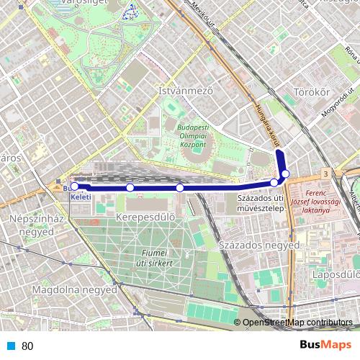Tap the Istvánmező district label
(x=186, y=91)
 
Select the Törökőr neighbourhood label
(x=312, y=92)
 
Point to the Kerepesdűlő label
(x=145, y=216)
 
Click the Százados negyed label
(x=258, y=246)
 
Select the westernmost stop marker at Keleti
(x=74, y=186)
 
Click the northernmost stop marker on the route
(x=286, y=174)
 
